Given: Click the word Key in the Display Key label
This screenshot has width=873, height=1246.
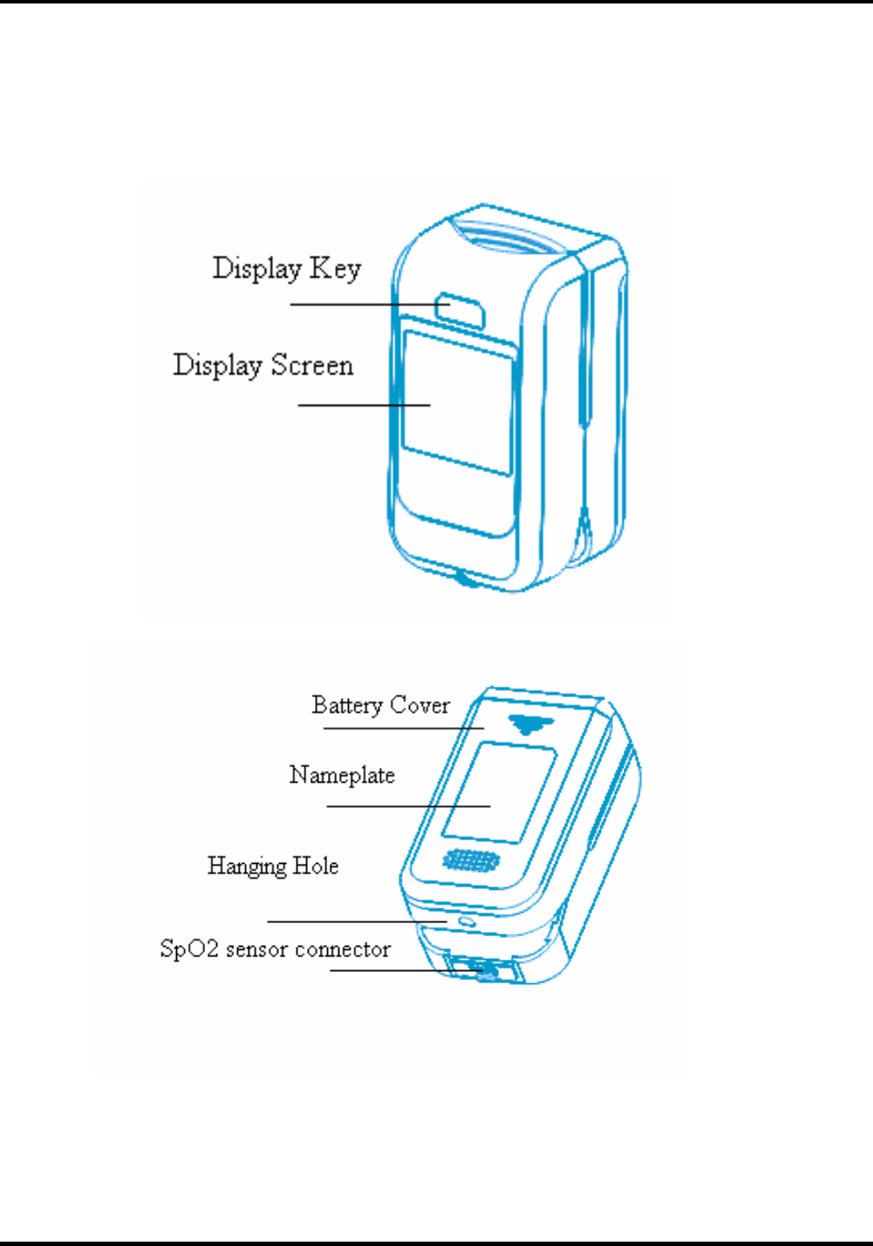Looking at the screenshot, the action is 335,270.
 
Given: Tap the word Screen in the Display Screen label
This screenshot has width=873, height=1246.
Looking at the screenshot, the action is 311,365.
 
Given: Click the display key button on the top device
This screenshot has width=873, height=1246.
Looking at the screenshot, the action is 460,310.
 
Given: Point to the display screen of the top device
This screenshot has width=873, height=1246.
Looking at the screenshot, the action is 457,401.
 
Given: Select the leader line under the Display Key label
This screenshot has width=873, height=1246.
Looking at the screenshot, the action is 366,305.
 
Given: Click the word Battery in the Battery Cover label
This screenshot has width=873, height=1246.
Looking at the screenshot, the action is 347,705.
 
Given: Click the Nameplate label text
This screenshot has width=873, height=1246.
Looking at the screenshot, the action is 342,776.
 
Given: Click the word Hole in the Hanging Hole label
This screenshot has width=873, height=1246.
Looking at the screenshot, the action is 315,866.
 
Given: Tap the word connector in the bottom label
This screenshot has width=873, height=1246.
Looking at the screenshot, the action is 343,949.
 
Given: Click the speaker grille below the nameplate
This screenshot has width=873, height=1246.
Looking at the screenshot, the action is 471,861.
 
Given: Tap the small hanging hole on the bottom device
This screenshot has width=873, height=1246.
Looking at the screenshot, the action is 466,921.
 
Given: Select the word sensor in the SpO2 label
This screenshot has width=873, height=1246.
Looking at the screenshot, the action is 256,949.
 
